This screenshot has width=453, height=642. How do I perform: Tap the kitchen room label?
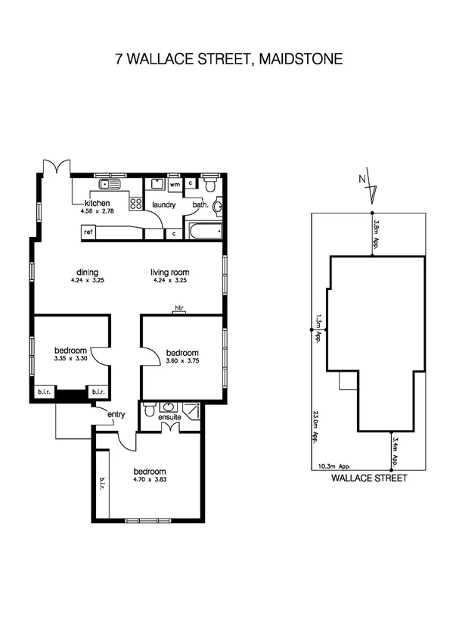tap(98, 204)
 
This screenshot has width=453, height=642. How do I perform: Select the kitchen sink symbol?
tap(110, 184)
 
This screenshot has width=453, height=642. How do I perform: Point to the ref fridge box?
tap(88, 232)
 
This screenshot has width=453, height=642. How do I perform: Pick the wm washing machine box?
tap(174, 184)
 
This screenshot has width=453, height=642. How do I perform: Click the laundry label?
tap(164, 204)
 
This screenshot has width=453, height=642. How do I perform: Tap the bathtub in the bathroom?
tap(203, 232)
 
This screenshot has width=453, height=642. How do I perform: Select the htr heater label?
tap(179, 307)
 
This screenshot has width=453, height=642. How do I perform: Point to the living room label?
tap(169, 273)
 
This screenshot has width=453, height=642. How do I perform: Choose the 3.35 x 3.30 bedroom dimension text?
tap(71, 360)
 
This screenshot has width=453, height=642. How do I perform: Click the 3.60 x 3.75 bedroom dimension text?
tap(182, 362)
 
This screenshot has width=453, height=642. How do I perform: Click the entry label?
tap(116, 414)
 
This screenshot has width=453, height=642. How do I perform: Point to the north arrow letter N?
tap(363, 179)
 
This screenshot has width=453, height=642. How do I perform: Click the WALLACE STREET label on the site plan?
tap(370, 478)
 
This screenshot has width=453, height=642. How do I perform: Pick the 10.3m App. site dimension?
tap(334, 466)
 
